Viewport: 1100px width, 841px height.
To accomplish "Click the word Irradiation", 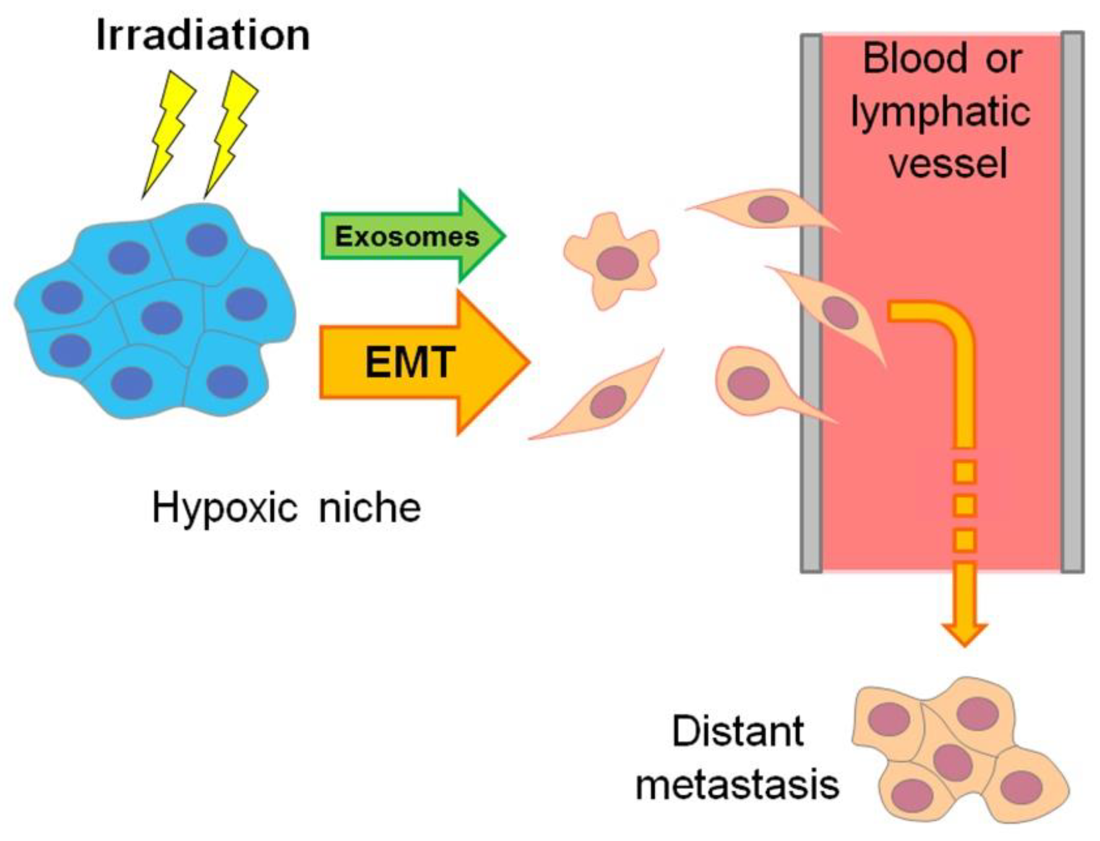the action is (x=203, y=35).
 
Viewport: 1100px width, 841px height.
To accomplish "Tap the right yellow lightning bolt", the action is (x=231, y=134).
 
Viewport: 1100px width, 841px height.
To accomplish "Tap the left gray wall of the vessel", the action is (x=811, y=303).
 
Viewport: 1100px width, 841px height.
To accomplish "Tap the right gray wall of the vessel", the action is (x=1072, y=302).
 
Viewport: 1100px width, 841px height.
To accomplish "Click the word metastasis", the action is (x=737, y=784).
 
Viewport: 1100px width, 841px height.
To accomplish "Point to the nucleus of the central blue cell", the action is (x=161, y=318).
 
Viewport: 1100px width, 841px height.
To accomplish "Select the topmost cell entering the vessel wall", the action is (x=763, y=209).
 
